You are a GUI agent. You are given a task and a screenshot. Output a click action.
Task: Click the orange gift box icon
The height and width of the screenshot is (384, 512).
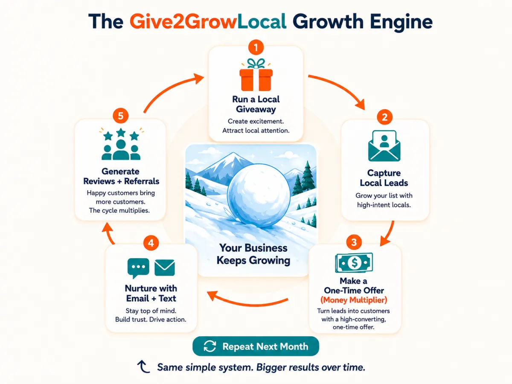[256, 75]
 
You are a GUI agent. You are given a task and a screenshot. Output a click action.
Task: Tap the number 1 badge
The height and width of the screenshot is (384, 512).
[256, 47]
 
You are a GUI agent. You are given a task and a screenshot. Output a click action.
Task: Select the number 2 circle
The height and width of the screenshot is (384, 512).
[384, 116]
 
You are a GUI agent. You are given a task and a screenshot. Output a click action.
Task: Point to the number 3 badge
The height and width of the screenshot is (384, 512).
[354, 242]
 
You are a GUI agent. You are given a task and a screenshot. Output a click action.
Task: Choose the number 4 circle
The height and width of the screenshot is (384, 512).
[151, 243]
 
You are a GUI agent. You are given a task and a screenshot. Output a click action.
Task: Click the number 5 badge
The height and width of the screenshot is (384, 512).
[120, 116]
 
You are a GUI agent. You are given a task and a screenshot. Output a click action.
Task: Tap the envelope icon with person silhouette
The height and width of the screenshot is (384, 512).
[384, 146]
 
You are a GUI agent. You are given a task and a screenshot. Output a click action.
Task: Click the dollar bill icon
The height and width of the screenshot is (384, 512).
[354, 263]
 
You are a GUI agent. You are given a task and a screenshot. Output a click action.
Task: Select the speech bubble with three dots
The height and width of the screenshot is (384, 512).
[138, 268]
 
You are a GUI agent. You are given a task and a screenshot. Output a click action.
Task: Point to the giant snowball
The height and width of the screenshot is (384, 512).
[259, 195]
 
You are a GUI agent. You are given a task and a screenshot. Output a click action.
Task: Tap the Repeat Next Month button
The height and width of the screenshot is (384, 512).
[256, 346]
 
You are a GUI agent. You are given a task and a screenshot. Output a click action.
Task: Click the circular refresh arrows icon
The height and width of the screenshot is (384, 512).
[209, 346]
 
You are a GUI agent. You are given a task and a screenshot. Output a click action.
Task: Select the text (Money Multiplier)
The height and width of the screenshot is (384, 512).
[354, 300]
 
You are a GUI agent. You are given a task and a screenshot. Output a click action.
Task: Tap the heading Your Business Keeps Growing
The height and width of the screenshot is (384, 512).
[253, 254]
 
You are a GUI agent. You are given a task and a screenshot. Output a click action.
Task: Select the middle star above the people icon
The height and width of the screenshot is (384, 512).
[121, 132]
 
